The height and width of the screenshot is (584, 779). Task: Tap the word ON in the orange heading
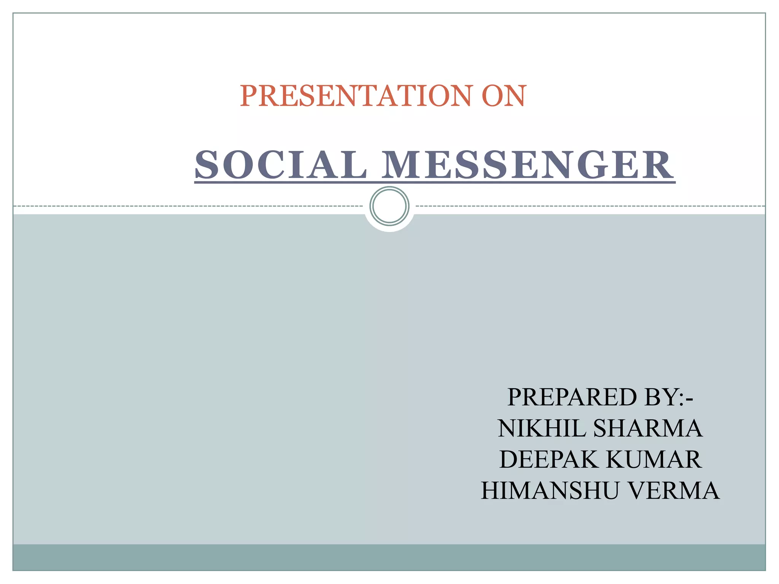pyautogui.click(x=504, y=96)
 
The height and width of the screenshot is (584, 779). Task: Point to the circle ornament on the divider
pyautogui.click(x=389, y=206)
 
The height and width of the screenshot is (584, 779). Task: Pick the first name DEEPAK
pyautogui.click(x=548, y=460)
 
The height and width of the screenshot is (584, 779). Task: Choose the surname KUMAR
pyautogui.click(x=653, y=460)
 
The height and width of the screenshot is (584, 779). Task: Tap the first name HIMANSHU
pyautogui.click(x=550, y=491)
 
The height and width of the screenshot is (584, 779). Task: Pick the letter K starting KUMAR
pyautogui.click(x=616, y=460)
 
